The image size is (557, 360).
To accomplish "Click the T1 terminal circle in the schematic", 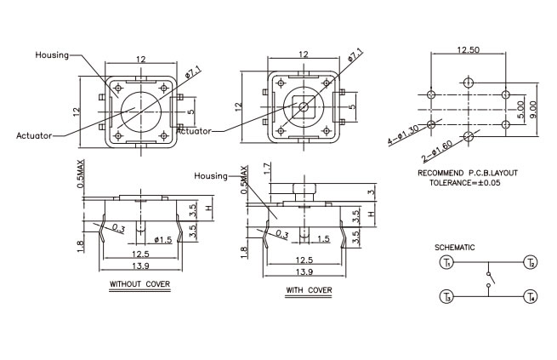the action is (446, 263).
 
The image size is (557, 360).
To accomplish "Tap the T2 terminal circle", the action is (531, 263).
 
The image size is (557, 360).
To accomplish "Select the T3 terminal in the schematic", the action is (446, 296).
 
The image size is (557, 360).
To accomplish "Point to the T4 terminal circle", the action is (531, 296).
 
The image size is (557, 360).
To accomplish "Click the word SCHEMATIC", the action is (454, 248).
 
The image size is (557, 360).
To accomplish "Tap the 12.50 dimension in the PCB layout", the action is (468, 49).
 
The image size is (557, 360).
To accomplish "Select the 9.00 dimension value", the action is (533, 110).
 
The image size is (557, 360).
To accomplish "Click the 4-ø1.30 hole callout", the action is (403, 135).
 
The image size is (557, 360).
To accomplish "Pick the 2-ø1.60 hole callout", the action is (437, 151).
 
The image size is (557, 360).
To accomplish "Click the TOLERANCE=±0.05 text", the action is (464, 183).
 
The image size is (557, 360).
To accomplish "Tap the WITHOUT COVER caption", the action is (139, 284).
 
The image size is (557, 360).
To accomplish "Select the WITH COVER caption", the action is (309, 290).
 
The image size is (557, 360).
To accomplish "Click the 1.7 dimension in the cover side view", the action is (268, 169).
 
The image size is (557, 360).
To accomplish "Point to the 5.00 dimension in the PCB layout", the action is (520, 110).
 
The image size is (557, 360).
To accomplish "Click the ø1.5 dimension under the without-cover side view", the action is (163, 240).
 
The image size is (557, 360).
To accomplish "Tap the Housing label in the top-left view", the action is (52, 55).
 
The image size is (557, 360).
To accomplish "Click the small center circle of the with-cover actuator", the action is (304, 106).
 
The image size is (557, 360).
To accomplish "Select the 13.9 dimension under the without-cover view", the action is (140, 266).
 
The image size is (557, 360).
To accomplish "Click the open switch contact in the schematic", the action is (490, 279).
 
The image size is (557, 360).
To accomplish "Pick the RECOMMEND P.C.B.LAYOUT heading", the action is (468, 173).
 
